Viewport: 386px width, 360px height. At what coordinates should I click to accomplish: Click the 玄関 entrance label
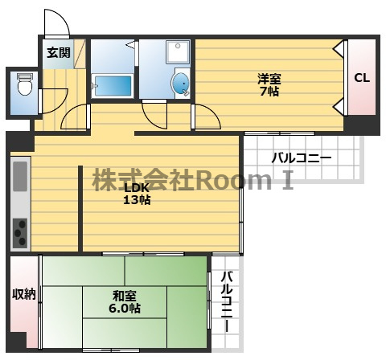59,53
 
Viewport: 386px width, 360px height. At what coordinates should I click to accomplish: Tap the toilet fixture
25,84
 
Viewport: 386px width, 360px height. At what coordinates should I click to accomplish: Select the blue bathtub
113,85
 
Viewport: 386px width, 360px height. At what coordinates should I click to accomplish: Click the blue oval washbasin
180,84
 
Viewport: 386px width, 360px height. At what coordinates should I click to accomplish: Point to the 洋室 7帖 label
269,85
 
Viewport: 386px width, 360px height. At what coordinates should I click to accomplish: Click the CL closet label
362,78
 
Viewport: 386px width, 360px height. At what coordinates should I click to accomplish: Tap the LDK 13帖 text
137,194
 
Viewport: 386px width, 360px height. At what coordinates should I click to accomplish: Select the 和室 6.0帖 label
125,302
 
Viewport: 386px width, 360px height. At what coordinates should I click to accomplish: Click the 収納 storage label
24,295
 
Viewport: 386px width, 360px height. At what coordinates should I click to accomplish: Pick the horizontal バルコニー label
302,157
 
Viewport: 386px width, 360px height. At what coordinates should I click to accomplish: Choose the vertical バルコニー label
227,301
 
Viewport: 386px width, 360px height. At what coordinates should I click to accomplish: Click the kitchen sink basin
20,176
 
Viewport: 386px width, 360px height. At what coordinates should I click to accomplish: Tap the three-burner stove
20,233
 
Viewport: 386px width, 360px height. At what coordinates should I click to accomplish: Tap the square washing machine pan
178,52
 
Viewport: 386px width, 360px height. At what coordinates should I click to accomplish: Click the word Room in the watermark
234,179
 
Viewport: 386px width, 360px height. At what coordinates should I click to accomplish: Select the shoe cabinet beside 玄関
80,54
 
